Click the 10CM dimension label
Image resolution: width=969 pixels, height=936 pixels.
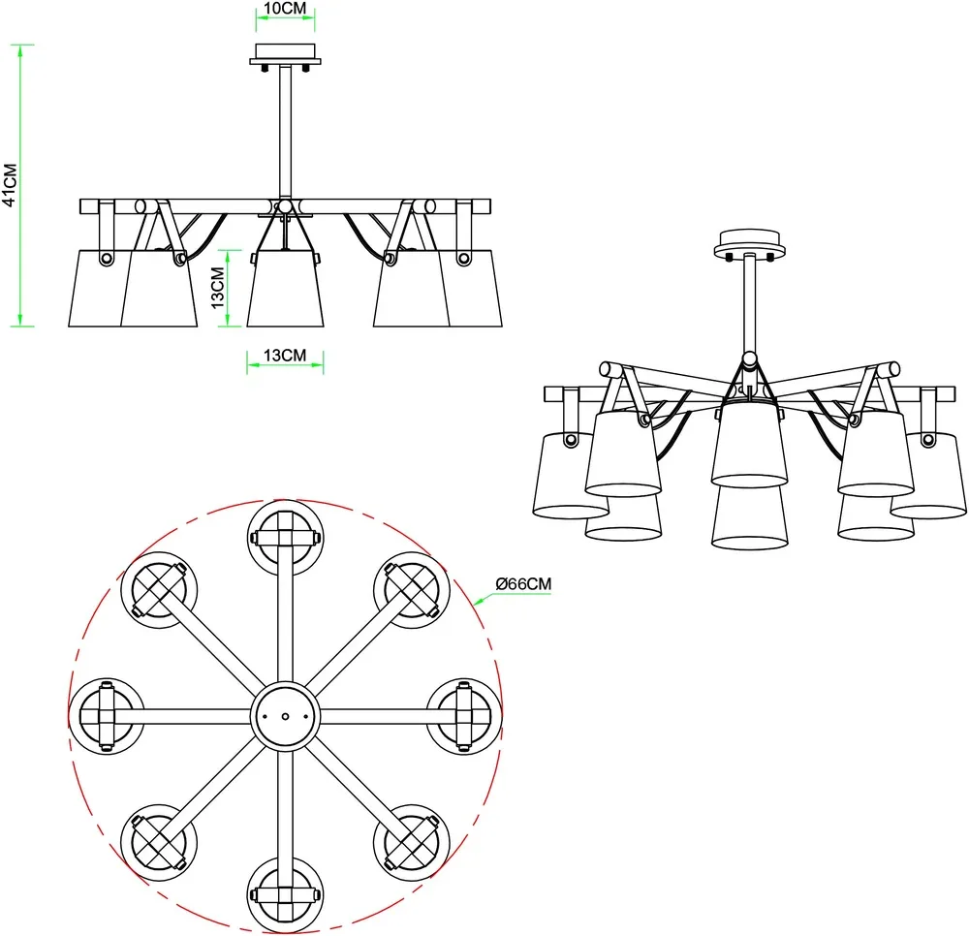[x=285, y=9]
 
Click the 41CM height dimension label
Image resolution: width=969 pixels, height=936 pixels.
[x=10, y=185]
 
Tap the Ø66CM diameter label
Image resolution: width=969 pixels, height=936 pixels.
[x=523, y=584]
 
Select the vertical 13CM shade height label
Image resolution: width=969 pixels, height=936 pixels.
[x=217, y=287]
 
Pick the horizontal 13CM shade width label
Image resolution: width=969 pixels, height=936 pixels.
[x=285, y=356]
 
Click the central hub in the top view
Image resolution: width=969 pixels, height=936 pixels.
[x=285, y=717]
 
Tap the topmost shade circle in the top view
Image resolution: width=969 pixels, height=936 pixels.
[x=285, y=538]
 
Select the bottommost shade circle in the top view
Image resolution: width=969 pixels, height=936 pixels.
[x=285, y=895]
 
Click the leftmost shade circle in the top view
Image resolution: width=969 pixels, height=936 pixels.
[x=107, y=717]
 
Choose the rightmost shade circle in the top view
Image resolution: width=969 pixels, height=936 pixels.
[x=464, y=717]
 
